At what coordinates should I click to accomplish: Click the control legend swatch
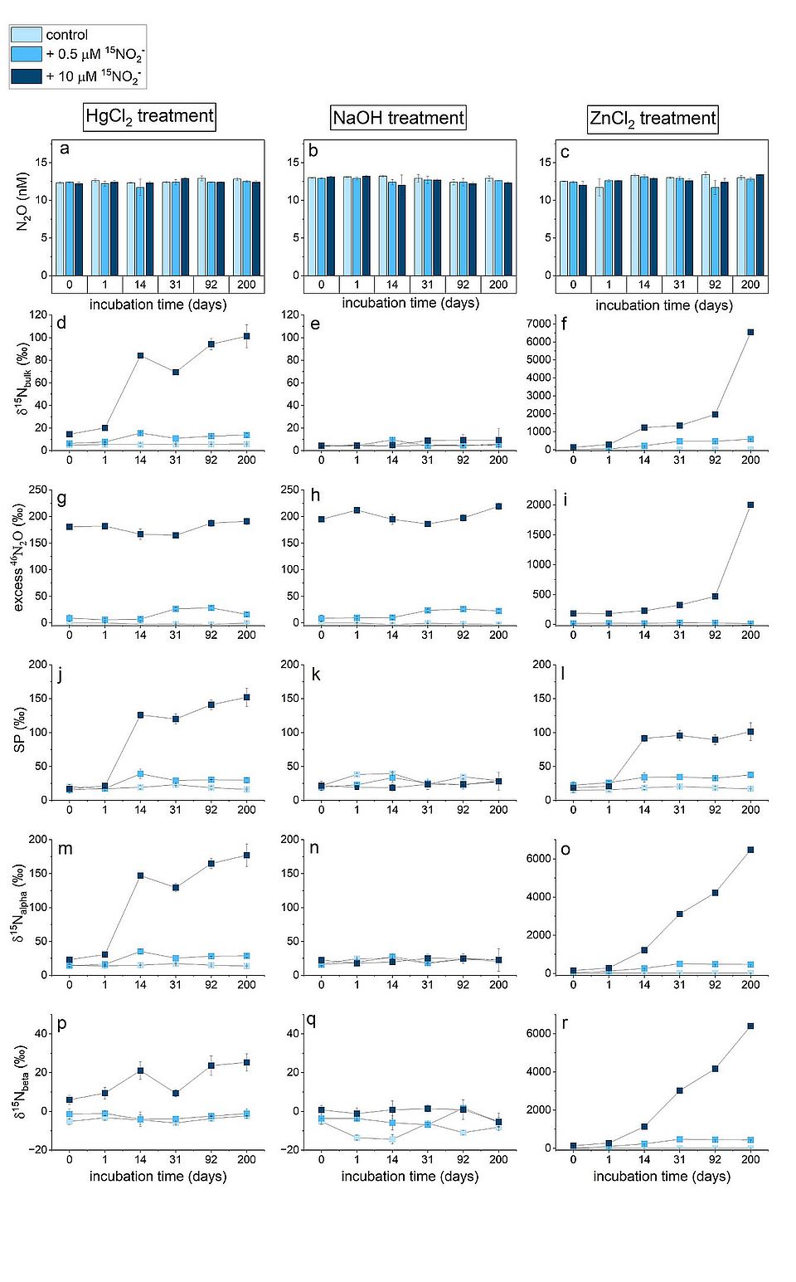pyautogui.click(x=26, y=35)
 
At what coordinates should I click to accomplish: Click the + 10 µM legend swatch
pyautogui.click(x=26, y=76)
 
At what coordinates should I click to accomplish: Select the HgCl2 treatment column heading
pyautogui.click(x=149, y=116)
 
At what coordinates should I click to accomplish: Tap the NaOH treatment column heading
pyautogui.click(x=398, y=118)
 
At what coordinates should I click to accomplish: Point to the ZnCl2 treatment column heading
pyautogui.click(x=653, y=119)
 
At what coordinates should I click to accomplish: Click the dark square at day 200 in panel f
pyautogui.click(x=750, y=332)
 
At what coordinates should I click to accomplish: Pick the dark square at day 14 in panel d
pyautogui.click(x=140, y=355)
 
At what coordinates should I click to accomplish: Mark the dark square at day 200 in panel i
pyautogui.click(x=750, y=505)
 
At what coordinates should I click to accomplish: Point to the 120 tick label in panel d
pyautogui.click(x=37, y=314)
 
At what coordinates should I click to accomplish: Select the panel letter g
pyautogui.click(x=62, y=499)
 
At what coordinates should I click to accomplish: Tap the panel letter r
pyautogui.click(x=565, y=1023)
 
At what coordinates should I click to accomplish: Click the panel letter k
pyautogui.click(x=315, y=674)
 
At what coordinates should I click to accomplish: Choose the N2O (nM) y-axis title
pyautogui.click(x=22, y=202)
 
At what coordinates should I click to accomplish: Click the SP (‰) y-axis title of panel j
pyautogui.click(x=20, y=731)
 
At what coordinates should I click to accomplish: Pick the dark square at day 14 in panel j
pyautogui.click(x=140, y=714)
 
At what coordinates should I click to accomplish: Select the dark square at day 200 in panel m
pyautogui.click(x=247, y=855)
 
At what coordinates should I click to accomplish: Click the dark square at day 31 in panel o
pyautogui.click(x=679, y=914)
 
